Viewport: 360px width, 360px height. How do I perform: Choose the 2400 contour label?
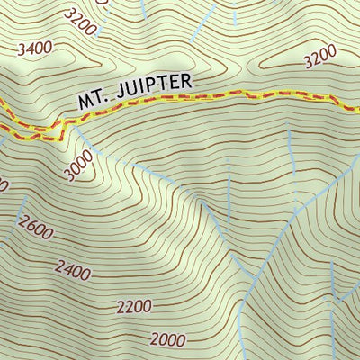(74, 267)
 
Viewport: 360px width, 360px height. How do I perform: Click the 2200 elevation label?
(134, 306)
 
